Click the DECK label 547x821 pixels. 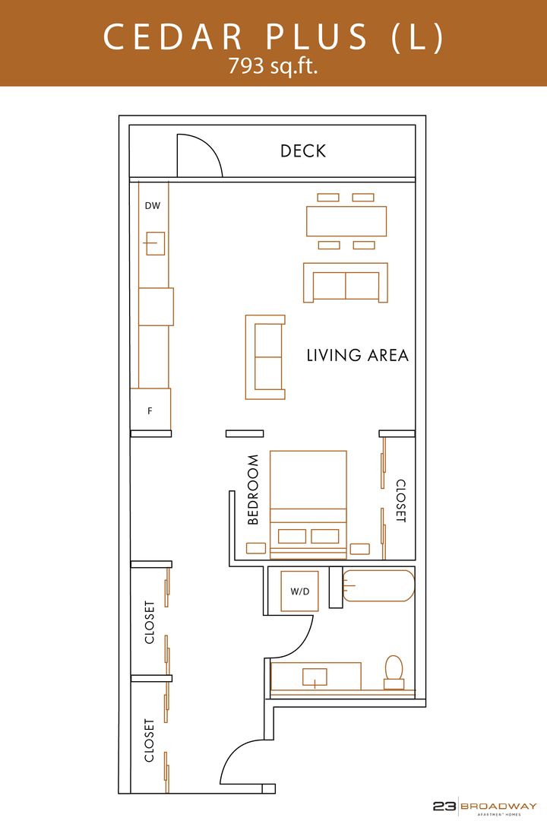tap(303, 151)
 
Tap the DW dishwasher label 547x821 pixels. tap(152, 206)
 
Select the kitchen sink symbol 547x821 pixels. tap(155, 243)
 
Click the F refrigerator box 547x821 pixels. tap(150, 410)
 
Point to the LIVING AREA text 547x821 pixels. tap(358, 356)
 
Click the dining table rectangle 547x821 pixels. tap(346, 221)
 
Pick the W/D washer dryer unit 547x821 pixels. tap(300, 591)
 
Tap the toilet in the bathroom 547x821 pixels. tap(394, 673)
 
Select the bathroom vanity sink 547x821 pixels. tap(315, 677)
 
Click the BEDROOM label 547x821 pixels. tap(253, 490)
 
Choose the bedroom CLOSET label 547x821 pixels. tap(400, 500)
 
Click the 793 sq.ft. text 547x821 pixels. tap(273, 66)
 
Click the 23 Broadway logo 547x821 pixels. tap(485, 807)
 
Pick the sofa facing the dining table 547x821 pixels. tap(346, 283)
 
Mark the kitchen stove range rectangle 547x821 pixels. tap(156, 306)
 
